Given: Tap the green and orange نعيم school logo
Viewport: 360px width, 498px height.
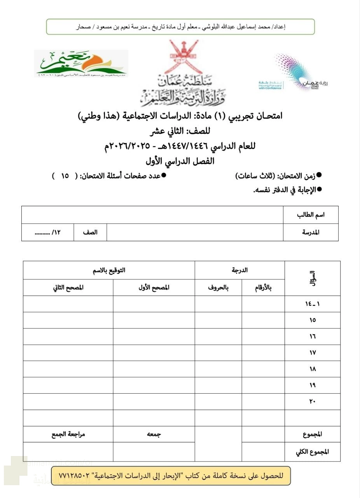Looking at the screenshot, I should (x=81, y=63).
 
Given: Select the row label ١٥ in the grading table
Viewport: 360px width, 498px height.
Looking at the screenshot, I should (x=313, y=320).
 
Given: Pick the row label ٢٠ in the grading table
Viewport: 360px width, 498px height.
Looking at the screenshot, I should (x=313, y=402).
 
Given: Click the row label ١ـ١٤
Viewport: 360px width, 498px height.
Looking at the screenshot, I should (x=313, y=304).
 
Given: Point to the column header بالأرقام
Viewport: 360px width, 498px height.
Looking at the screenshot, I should (x=263, y=288).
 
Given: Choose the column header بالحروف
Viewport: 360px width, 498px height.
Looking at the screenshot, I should (x=218, y=288).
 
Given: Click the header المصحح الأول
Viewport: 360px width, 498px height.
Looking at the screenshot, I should (x=154, y=288).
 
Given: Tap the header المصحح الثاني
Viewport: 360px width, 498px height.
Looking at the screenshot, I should (x=68, y=288).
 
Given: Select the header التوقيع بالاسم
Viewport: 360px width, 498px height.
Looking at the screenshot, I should (x=109, y=270).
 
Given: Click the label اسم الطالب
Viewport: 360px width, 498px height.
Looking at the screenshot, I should (x=311, y=215).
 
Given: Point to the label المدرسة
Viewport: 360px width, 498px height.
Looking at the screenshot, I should (x=311, y=232).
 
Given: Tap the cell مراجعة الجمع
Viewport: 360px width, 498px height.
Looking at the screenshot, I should (x=68, y=434).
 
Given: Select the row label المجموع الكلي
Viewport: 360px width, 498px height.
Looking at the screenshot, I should (x=313, y=452).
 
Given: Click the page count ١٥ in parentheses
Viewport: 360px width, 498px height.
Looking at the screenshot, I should (x=65, y=176).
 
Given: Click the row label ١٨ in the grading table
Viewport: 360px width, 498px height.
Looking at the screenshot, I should (x=313, y=369).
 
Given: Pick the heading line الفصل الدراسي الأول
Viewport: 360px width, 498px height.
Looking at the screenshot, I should (x=180, y=161).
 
